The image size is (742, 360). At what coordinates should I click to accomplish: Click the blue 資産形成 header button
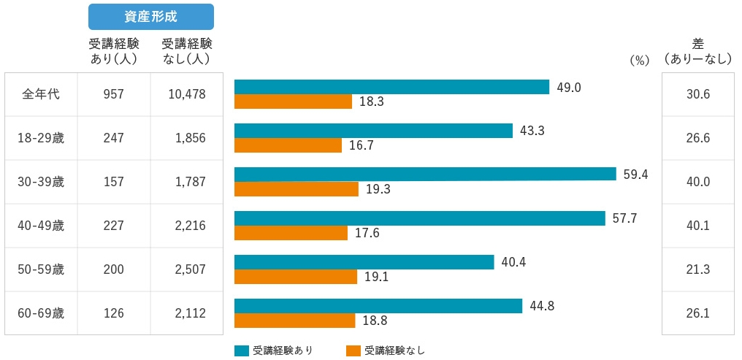[x=150, y=16]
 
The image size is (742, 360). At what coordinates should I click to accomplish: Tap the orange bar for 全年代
[x=293, y=102]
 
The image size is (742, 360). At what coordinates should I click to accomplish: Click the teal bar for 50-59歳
[x=364, y=261]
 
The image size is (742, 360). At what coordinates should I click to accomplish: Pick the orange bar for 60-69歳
[x=294, y=321]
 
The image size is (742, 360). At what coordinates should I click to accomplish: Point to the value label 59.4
[x=635, y=175]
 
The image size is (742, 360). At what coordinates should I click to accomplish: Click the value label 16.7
[x=362, y=146]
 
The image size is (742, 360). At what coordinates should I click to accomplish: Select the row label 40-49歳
[x=41, y=226]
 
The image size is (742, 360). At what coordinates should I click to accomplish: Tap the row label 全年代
[x=41, y=94]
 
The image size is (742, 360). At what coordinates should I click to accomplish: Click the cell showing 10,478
[x=187, y=94]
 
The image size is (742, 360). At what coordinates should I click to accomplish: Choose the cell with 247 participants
[x=113, y=138]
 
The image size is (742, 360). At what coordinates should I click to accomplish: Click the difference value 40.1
[x=698, y=226]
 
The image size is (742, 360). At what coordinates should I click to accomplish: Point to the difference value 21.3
[x=698, y=269]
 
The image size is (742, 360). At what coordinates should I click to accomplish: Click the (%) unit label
[x=639, y=61]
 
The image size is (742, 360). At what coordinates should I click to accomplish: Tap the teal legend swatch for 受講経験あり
[x=242, y=351]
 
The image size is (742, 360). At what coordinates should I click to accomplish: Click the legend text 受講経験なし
[x=394, y=351]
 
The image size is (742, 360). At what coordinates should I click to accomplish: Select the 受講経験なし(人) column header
[x=187, y=51]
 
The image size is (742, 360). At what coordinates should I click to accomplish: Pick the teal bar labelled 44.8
[x=378, y=305]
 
